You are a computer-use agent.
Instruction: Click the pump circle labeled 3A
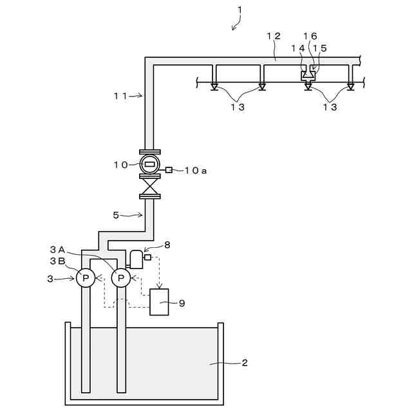click(120, 277)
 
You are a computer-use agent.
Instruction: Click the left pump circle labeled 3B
click(86, 277)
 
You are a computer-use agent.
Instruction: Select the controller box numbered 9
click(159, 302)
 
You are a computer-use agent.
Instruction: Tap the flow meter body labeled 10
click(149, 164)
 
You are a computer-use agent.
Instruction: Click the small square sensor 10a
click(169, 170)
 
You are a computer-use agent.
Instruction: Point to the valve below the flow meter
click(149, 187)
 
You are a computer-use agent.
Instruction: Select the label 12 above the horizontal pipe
click(273, 36)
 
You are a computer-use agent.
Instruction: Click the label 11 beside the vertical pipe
click(120, 95)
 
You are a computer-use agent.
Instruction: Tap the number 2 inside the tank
click(244, 363)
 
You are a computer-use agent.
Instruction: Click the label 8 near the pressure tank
click(167, 245)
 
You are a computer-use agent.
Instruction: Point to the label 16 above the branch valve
click(311, 37)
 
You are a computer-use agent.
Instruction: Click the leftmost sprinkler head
click(214, 86)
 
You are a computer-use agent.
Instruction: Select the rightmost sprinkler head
click(350, 86)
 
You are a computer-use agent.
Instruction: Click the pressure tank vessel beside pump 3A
click(135, 259)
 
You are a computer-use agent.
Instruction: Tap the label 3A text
click(57, 249)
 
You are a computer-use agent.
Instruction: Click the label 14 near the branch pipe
click(298, 48)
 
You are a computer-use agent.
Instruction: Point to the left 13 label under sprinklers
click(238, 108)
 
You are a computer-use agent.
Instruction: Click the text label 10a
click(195, 170)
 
